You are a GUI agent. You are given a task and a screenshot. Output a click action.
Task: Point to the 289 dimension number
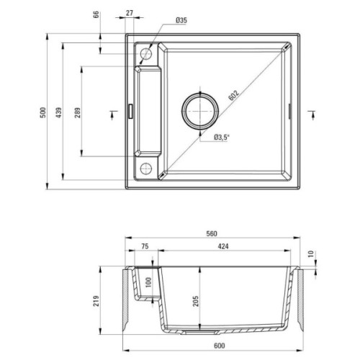point(76,114)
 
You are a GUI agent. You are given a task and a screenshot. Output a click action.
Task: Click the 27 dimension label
point(129,12)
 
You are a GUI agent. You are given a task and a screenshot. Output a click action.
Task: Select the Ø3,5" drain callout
point(222,137)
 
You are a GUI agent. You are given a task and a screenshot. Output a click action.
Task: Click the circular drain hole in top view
point(199,111)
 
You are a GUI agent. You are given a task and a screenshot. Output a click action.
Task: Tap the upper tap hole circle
point(146,53)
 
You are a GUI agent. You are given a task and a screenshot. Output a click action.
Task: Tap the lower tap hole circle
point(146,168)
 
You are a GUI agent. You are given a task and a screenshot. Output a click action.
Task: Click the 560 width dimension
point(211,233)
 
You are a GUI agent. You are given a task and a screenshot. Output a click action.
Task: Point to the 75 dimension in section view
point(144,246)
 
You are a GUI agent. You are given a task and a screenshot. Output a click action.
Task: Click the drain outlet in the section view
point(196,335)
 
